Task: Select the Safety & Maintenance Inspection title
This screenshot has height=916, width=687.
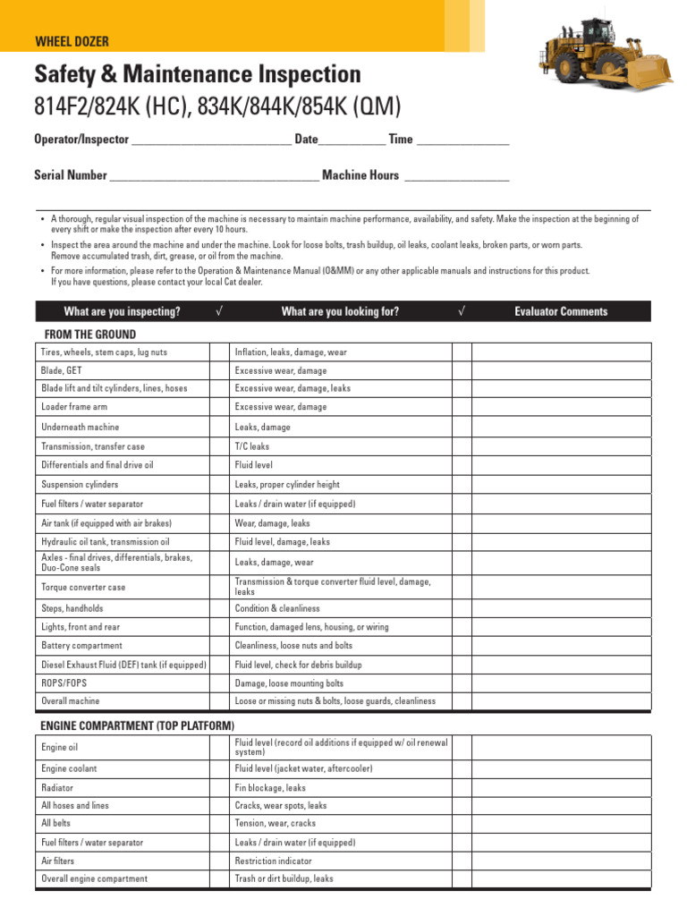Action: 197,74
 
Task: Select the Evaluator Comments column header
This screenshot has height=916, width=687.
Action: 561,311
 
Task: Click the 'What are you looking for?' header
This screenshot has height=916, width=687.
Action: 340,311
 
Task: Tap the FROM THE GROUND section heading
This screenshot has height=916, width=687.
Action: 90,335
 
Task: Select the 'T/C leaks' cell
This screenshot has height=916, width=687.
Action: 251,446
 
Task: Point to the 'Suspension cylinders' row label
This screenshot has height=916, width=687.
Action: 80,485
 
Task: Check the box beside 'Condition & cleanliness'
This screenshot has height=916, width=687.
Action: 462,608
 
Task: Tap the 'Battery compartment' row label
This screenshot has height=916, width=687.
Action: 81,646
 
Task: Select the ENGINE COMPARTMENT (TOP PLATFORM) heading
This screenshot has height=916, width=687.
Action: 138,725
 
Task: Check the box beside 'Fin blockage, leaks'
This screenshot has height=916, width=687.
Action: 462,788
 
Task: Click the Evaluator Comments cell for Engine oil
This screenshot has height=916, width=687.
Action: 561,747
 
